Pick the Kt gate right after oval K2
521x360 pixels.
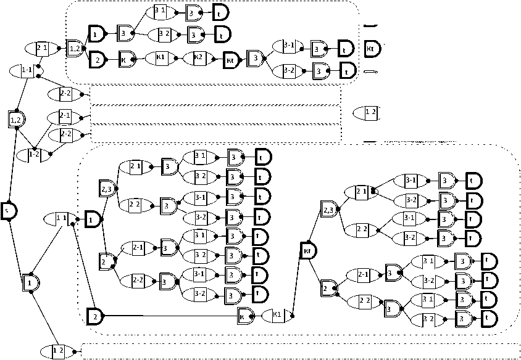tap(230, 59)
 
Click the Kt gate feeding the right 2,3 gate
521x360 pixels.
tap(307, 250)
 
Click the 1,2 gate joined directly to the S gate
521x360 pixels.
tap(16, 118)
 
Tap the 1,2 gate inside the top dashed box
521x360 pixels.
tap(74, 47)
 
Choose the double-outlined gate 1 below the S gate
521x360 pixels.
tap(30, 283)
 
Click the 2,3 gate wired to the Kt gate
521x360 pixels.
tap(329, 210)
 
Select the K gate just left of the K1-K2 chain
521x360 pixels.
tap(126, 59)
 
